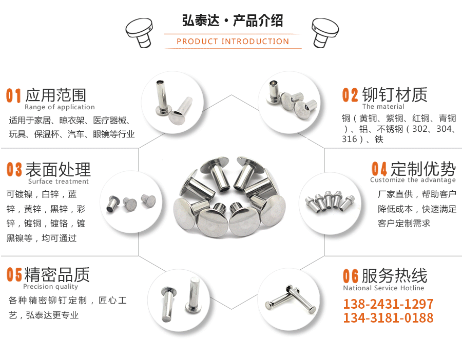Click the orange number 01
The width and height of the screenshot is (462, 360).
tap(14, 95)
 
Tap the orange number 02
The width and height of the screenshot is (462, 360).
tap(351, 95)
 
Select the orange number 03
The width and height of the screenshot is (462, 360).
tap(14, 170)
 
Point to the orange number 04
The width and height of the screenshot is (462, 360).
tap(379, 169)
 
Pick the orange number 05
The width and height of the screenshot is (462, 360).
tap(14, 275)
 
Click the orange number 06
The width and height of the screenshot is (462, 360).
tap(351, 276)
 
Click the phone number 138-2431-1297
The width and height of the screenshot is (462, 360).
tap(388, 304)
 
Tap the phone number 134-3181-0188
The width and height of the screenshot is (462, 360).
tap(388, 318)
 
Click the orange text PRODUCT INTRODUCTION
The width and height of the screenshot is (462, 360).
tap(233, 42)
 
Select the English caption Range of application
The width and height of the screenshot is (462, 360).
tap(60, 107)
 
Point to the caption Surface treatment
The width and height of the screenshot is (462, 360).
tap(59, 182)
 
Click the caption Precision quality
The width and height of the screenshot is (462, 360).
tap(50, 287)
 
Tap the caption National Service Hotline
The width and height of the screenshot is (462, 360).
tap(384, 288)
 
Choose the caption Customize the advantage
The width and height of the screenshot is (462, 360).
tap(413, 180)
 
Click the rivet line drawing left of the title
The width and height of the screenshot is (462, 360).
tap(139, 31)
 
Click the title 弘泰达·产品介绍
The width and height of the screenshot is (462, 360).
tap(233, 21)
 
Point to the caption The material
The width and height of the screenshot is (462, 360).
tap(383, 107)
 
